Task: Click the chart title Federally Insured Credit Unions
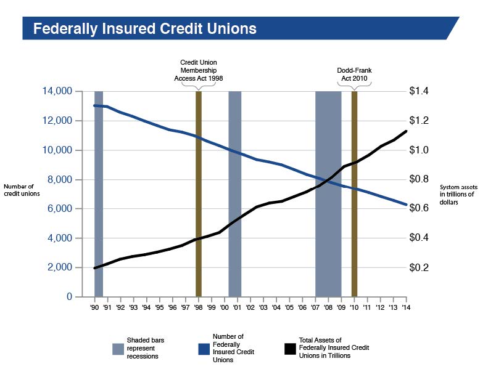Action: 144,28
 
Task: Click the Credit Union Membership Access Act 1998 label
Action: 198,70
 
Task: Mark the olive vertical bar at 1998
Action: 198,193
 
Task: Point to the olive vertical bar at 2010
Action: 354,193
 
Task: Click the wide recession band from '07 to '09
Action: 328,193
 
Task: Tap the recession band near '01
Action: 234,193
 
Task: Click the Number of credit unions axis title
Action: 22,190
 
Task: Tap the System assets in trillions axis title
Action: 458,194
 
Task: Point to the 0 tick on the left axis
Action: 70,296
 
